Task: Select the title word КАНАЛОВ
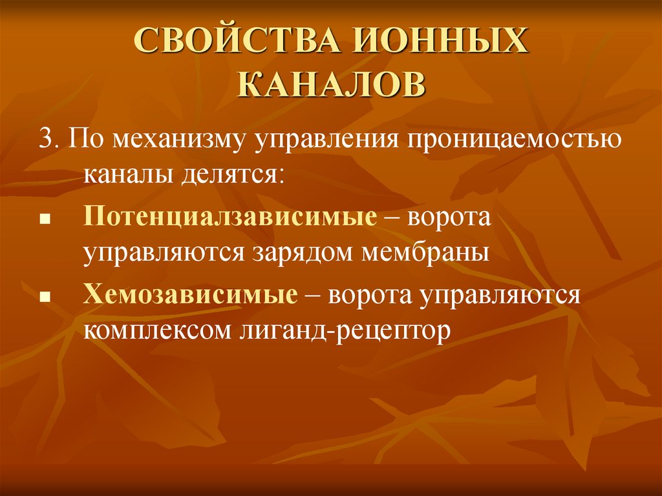click(x=332, y=84)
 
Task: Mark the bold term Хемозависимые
click(x=189, y=296)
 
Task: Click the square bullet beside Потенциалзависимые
click(x=45, y=220)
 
